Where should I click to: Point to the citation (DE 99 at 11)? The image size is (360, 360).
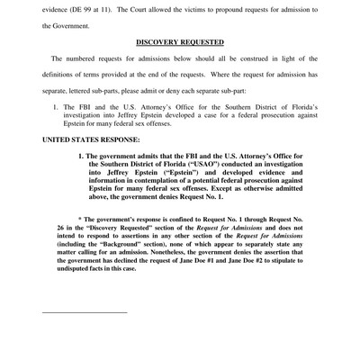90,6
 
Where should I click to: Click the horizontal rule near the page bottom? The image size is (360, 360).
85,311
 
